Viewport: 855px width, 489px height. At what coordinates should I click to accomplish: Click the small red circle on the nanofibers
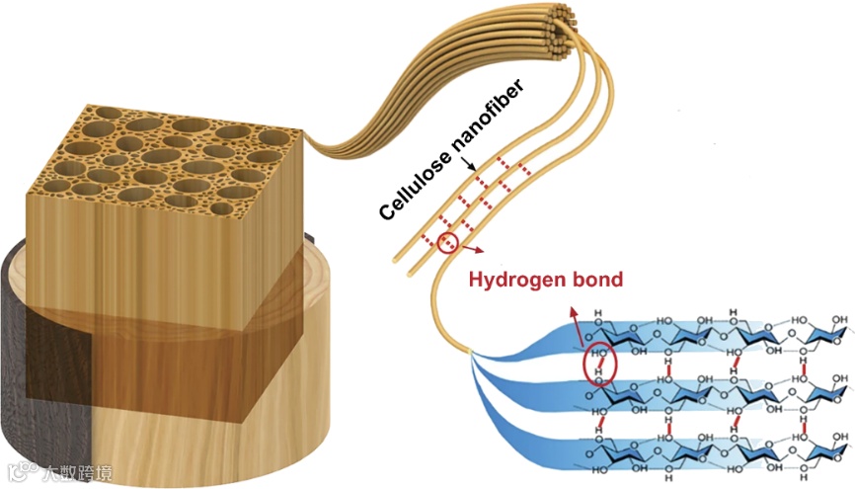449,242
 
